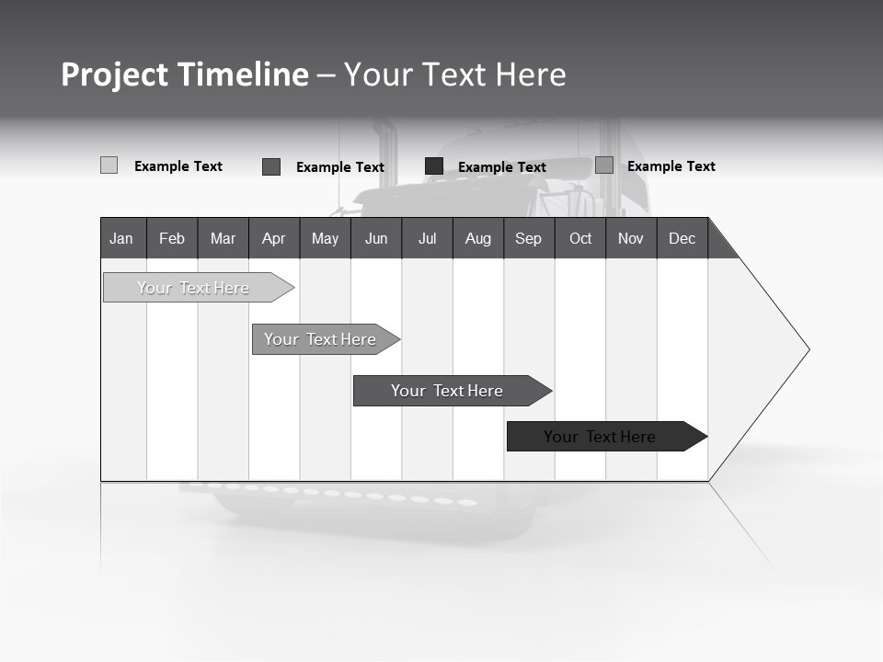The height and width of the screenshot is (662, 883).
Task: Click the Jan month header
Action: coord(121,238)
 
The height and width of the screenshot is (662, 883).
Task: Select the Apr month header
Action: coord(273,238)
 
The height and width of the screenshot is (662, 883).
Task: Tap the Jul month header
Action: coord(427,238)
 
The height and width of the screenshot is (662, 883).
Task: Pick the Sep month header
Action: coord(528,238)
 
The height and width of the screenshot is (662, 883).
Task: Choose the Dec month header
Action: coord(682,238)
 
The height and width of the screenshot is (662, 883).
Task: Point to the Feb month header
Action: coord(172,238)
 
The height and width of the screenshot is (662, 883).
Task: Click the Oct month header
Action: coord(580,238)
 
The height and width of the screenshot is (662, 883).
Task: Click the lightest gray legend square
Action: coord(109,165)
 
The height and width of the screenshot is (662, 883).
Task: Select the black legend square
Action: coord(434,165)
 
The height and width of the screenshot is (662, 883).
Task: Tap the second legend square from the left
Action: coord(271,166)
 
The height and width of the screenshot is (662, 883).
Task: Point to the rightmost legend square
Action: coord(604,165)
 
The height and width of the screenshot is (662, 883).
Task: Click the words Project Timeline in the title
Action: coord(184,74)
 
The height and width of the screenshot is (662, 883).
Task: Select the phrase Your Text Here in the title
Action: coord(455,74)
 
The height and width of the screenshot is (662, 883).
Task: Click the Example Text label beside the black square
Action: coord(501,167)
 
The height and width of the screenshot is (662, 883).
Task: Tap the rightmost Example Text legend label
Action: coord(671,166)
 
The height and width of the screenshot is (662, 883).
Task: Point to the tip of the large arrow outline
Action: coord(808,349)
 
